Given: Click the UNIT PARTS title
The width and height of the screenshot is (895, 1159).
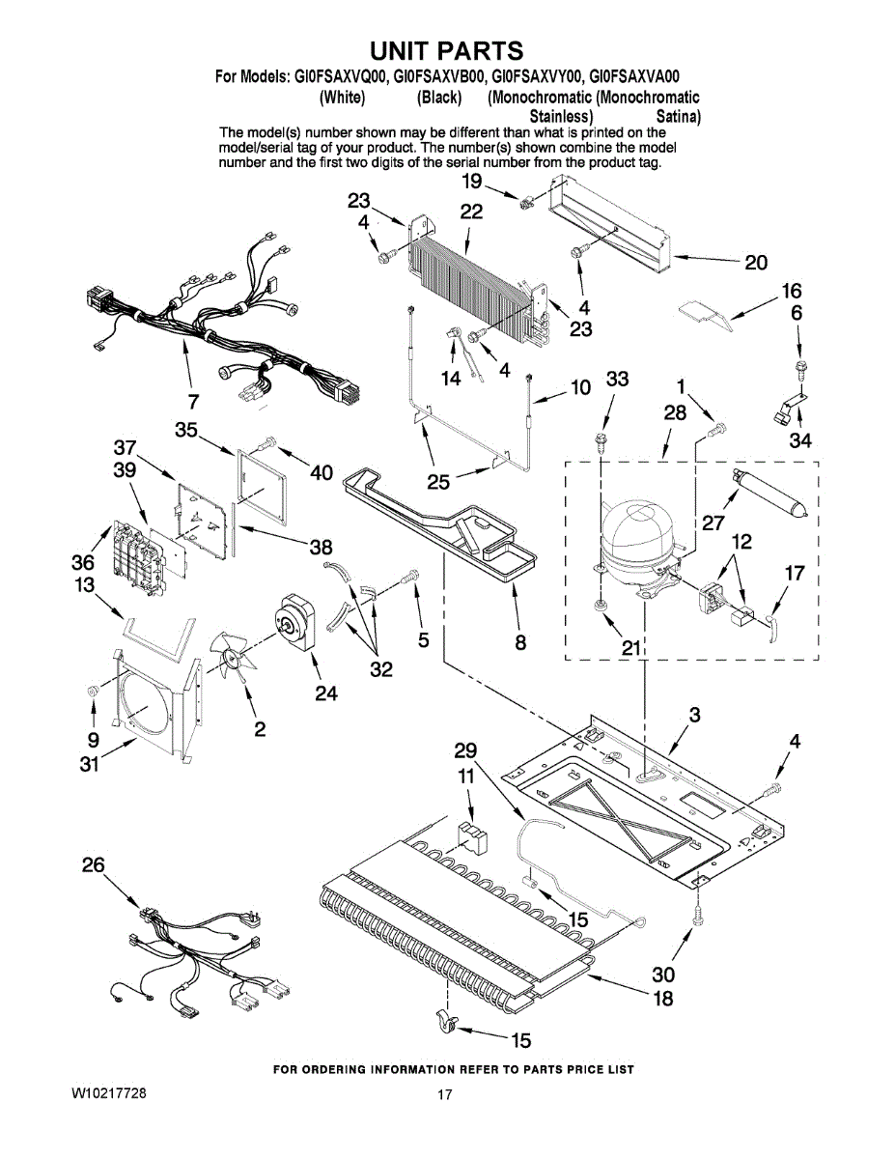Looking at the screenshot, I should tap(447, 50).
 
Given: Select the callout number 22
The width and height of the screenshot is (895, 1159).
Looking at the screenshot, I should tap(471, 212).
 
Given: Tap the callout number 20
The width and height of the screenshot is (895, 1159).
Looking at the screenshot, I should tap(756, 262).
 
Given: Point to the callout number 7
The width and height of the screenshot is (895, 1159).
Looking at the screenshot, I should tap(193, 400).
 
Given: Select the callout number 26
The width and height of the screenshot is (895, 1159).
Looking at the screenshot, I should tap(93, 865).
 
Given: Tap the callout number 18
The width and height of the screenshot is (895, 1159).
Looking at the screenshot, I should tap(663, 998).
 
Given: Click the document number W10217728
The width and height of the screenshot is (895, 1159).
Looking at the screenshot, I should tap(109, 1093).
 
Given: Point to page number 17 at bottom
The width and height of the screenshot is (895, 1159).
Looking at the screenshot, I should tap(444, 1094).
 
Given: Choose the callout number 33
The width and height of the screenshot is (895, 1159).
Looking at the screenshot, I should tap(617, 380).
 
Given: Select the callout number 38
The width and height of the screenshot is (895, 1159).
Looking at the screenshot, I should tap(321, 547).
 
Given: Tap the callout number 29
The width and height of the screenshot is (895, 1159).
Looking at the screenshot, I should tap(465, 750).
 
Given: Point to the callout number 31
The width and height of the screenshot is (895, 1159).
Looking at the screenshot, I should tap(89, 765).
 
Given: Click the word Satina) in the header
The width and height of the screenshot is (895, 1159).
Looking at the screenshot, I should tap(678, 117).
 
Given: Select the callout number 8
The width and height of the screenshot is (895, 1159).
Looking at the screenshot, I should tap(520, 641).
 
